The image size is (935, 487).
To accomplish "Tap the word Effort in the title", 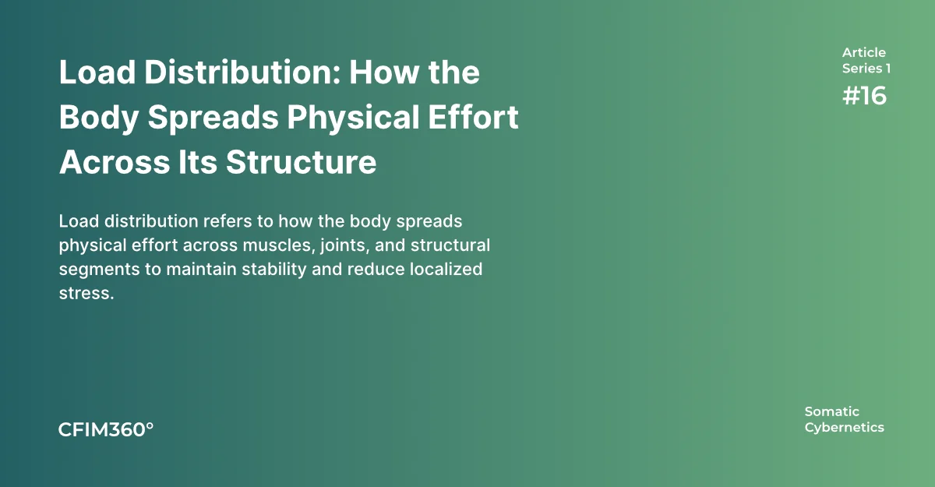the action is [x=474, y=117].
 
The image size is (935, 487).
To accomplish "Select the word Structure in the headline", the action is [x=301, y=162].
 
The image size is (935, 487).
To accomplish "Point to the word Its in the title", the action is [x=197, y=162].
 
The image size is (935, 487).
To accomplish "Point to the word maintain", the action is [x=202, y=269].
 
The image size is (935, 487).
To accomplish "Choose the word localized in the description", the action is [x=446, y=269].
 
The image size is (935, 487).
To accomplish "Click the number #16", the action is [x=864, y=96].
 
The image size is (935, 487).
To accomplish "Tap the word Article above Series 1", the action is [x=864, y=52].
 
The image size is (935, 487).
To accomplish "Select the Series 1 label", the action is [x=866, y=69].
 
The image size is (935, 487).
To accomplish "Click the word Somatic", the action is [x=832, y=411].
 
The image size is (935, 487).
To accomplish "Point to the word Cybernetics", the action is [x=845, y=428].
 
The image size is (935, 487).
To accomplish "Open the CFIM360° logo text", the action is [x=106, y=429].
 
